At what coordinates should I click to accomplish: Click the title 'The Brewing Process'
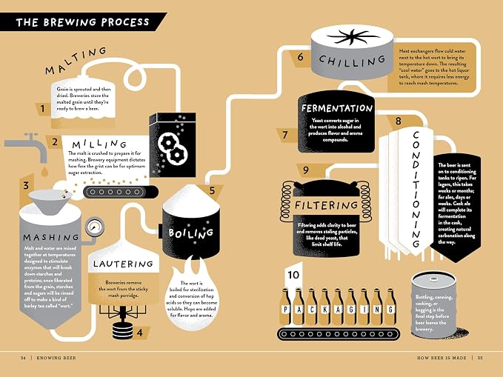tap(82, 22)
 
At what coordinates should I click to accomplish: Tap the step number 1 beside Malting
tap(43, 109)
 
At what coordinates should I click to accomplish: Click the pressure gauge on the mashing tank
tap(95, 227)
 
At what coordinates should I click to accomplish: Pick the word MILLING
tap(99, 144)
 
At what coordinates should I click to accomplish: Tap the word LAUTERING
tap(123, 264)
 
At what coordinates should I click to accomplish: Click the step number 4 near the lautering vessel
tap(140, 333)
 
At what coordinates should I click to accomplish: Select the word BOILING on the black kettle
tap(190, 233)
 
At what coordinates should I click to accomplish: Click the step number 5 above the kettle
tap(212, 190)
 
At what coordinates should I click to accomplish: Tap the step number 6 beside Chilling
tap(300, 57)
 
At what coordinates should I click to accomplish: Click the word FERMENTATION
tap(337, 108)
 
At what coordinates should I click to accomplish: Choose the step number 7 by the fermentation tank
tap(285, 135)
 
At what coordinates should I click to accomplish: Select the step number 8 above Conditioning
tap(398, 121)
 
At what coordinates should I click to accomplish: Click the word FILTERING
tap(326, 205)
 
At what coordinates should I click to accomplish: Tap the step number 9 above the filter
tap(306, 170)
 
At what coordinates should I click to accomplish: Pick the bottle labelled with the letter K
tap(325, 307)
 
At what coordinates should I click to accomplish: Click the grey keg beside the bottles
tap(433, 305)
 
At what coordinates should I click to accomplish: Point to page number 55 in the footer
tap(480, 358)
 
